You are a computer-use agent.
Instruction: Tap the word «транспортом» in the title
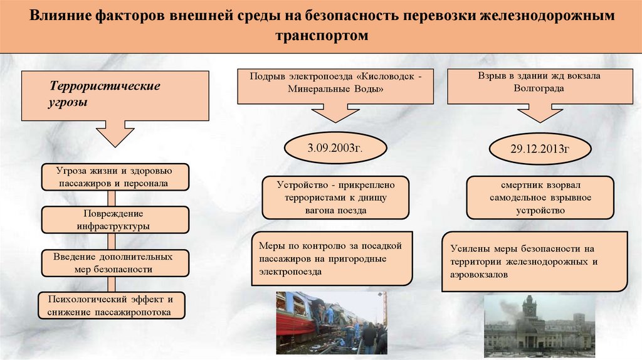[x=320, y=36]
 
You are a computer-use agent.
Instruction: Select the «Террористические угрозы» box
[x=115, y=95]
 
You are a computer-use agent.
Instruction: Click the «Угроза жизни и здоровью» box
[x=115, y=177]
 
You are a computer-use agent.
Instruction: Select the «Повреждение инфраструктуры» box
[x=115, y=220]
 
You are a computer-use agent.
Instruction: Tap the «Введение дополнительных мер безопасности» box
[x=115, y=263]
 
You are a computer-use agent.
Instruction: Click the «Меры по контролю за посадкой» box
[x=332, y=259]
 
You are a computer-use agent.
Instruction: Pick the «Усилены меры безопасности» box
[x=534, y=261]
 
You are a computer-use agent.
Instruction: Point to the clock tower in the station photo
[x=530, y=309]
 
